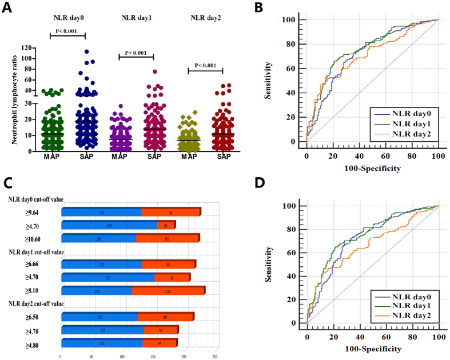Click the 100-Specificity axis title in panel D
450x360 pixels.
[372, 349]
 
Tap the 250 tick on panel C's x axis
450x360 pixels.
[214, 356]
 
